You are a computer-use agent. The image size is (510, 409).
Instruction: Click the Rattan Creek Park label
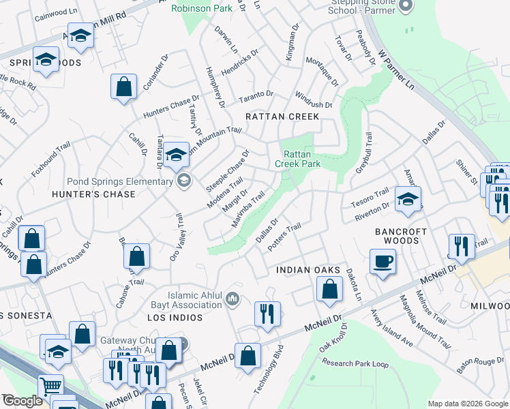pos(297,159)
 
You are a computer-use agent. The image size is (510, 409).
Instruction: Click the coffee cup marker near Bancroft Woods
pos(382,261)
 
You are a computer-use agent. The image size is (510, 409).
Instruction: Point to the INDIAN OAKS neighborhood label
pos(307,271)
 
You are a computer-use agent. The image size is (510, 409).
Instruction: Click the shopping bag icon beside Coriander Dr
pos(123,87)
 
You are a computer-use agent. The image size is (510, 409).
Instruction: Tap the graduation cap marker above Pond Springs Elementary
pos(176,155)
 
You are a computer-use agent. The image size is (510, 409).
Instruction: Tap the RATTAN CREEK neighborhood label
pos(282,117)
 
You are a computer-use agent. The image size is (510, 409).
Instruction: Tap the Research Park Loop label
pos(355,363)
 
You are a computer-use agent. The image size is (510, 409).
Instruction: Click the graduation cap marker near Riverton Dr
pos(407,199)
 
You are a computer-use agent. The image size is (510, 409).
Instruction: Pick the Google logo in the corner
pos(22,401)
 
